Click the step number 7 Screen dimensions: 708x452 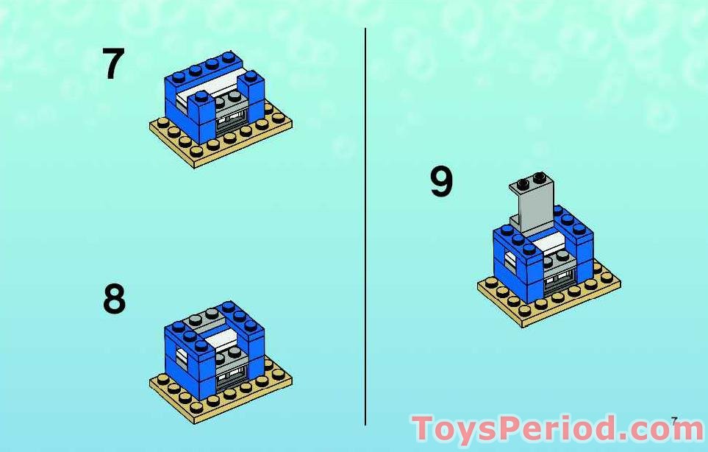(113, 63)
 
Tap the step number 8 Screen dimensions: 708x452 (114, 299)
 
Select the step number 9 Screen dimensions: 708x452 (441, 181)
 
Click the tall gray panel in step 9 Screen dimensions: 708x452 (533, 202)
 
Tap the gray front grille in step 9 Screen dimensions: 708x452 (559, 281)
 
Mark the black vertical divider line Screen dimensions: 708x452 (365, 227)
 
